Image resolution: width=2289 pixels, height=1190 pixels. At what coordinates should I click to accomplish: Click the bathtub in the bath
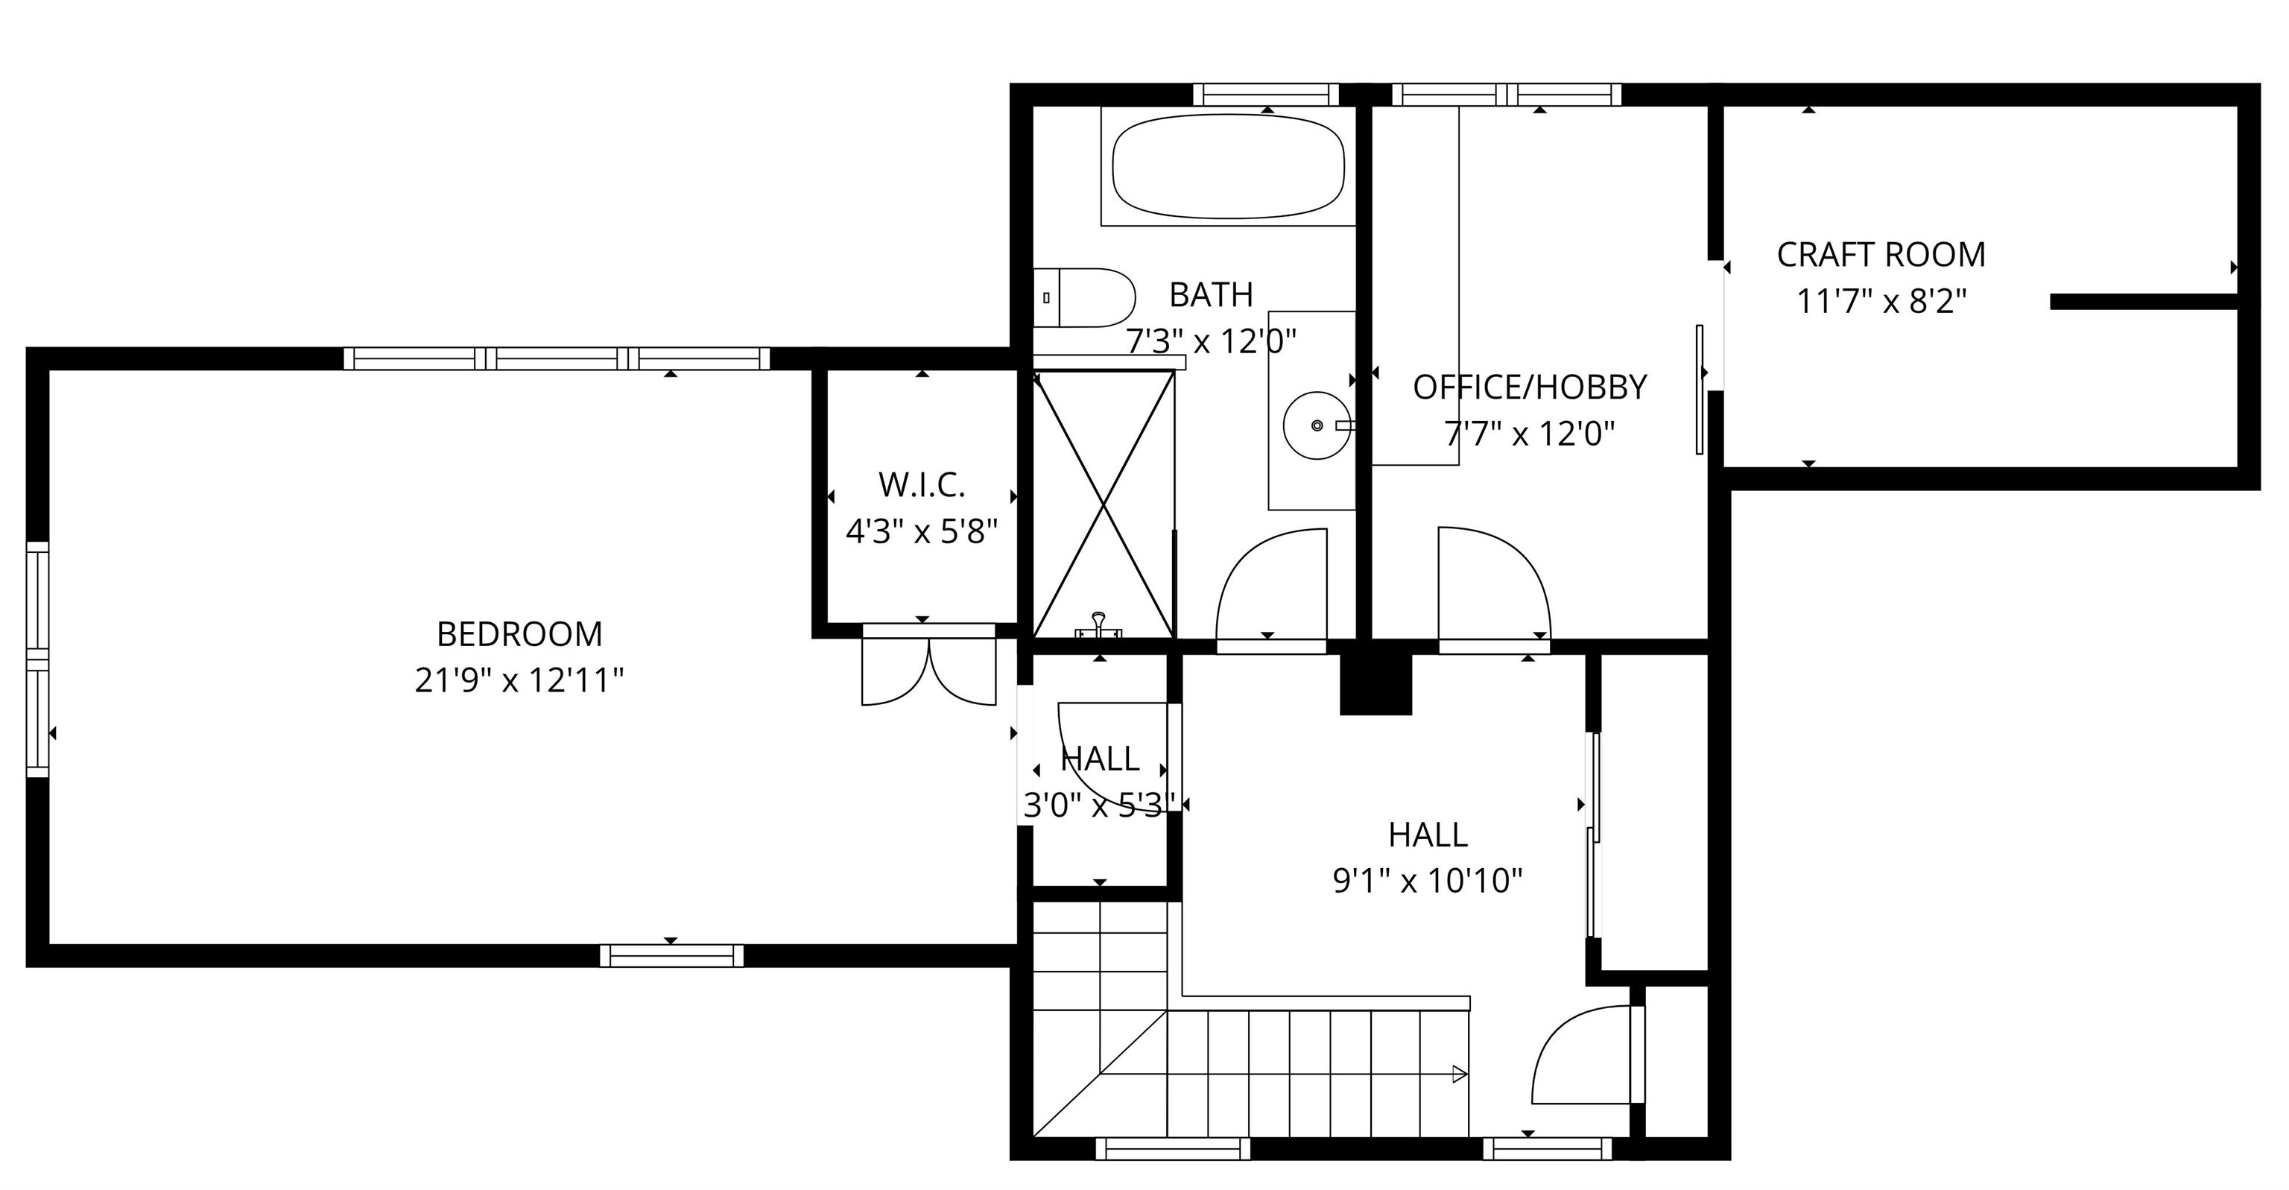point(1227,167)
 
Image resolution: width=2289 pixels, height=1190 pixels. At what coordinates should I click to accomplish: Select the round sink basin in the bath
point(1316,425)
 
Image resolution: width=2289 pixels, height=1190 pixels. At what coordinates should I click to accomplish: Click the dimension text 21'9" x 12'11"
point(520,682)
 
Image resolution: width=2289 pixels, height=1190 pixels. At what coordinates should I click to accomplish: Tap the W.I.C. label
point(922,485)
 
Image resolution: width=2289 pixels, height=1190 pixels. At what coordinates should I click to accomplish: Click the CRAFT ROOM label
point(1880,255)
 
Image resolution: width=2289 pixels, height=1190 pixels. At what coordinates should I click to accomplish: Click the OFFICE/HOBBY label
point(1529,387)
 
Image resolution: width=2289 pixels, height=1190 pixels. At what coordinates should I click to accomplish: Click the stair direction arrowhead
point(1458,1074)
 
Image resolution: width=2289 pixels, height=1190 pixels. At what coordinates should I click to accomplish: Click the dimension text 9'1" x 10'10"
point(1427,882)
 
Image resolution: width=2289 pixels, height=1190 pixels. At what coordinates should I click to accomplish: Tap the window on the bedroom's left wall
point(37,659)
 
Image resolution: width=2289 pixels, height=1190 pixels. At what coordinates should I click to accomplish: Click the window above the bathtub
point(1265,94)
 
